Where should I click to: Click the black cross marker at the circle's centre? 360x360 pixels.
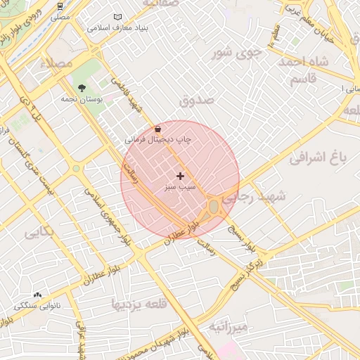180,176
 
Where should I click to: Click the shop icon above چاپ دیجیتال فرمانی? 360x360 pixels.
157,129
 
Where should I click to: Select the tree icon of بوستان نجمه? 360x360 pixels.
82,89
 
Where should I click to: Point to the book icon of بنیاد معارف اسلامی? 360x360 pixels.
117,17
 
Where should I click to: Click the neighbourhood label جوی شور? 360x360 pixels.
238,51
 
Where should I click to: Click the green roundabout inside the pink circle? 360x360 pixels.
213,207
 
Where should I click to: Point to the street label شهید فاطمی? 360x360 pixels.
133,97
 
